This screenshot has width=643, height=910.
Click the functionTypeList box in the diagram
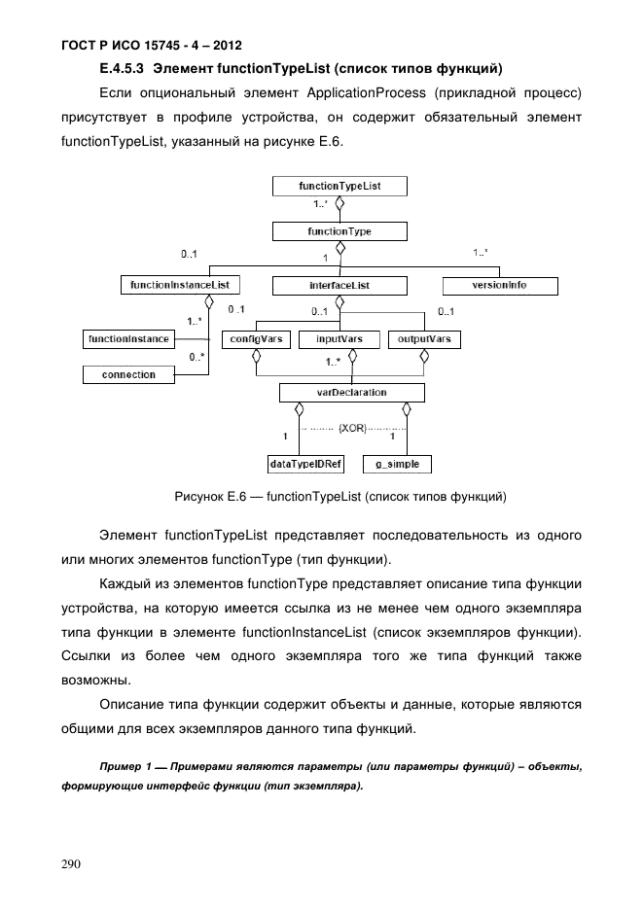[339, 185]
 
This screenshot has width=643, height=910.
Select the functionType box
[339, 231]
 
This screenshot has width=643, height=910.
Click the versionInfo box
[500, 286]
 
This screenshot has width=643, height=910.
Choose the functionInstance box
[127, 339]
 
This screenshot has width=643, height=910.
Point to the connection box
[127, 374]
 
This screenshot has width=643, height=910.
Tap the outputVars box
[424, 339]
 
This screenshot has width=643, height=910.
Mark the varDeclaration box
[351, 393]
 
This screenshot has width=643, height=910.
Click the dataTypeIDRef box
[300, 464]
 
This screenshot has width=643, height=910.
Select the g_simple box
[397, 464]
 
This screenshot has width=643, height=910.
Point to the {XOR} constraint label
[352, 427]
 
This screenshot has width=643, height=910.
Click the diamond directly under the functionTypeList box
[339, 204]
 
